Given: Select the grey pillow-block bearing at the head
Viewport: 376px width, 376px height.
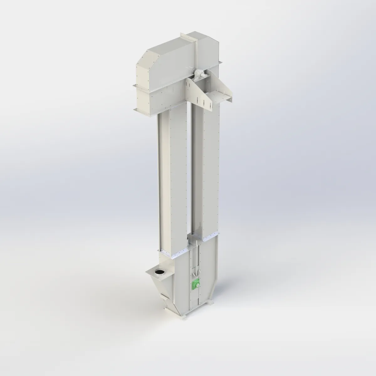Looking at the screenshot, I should click(198, 75).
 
